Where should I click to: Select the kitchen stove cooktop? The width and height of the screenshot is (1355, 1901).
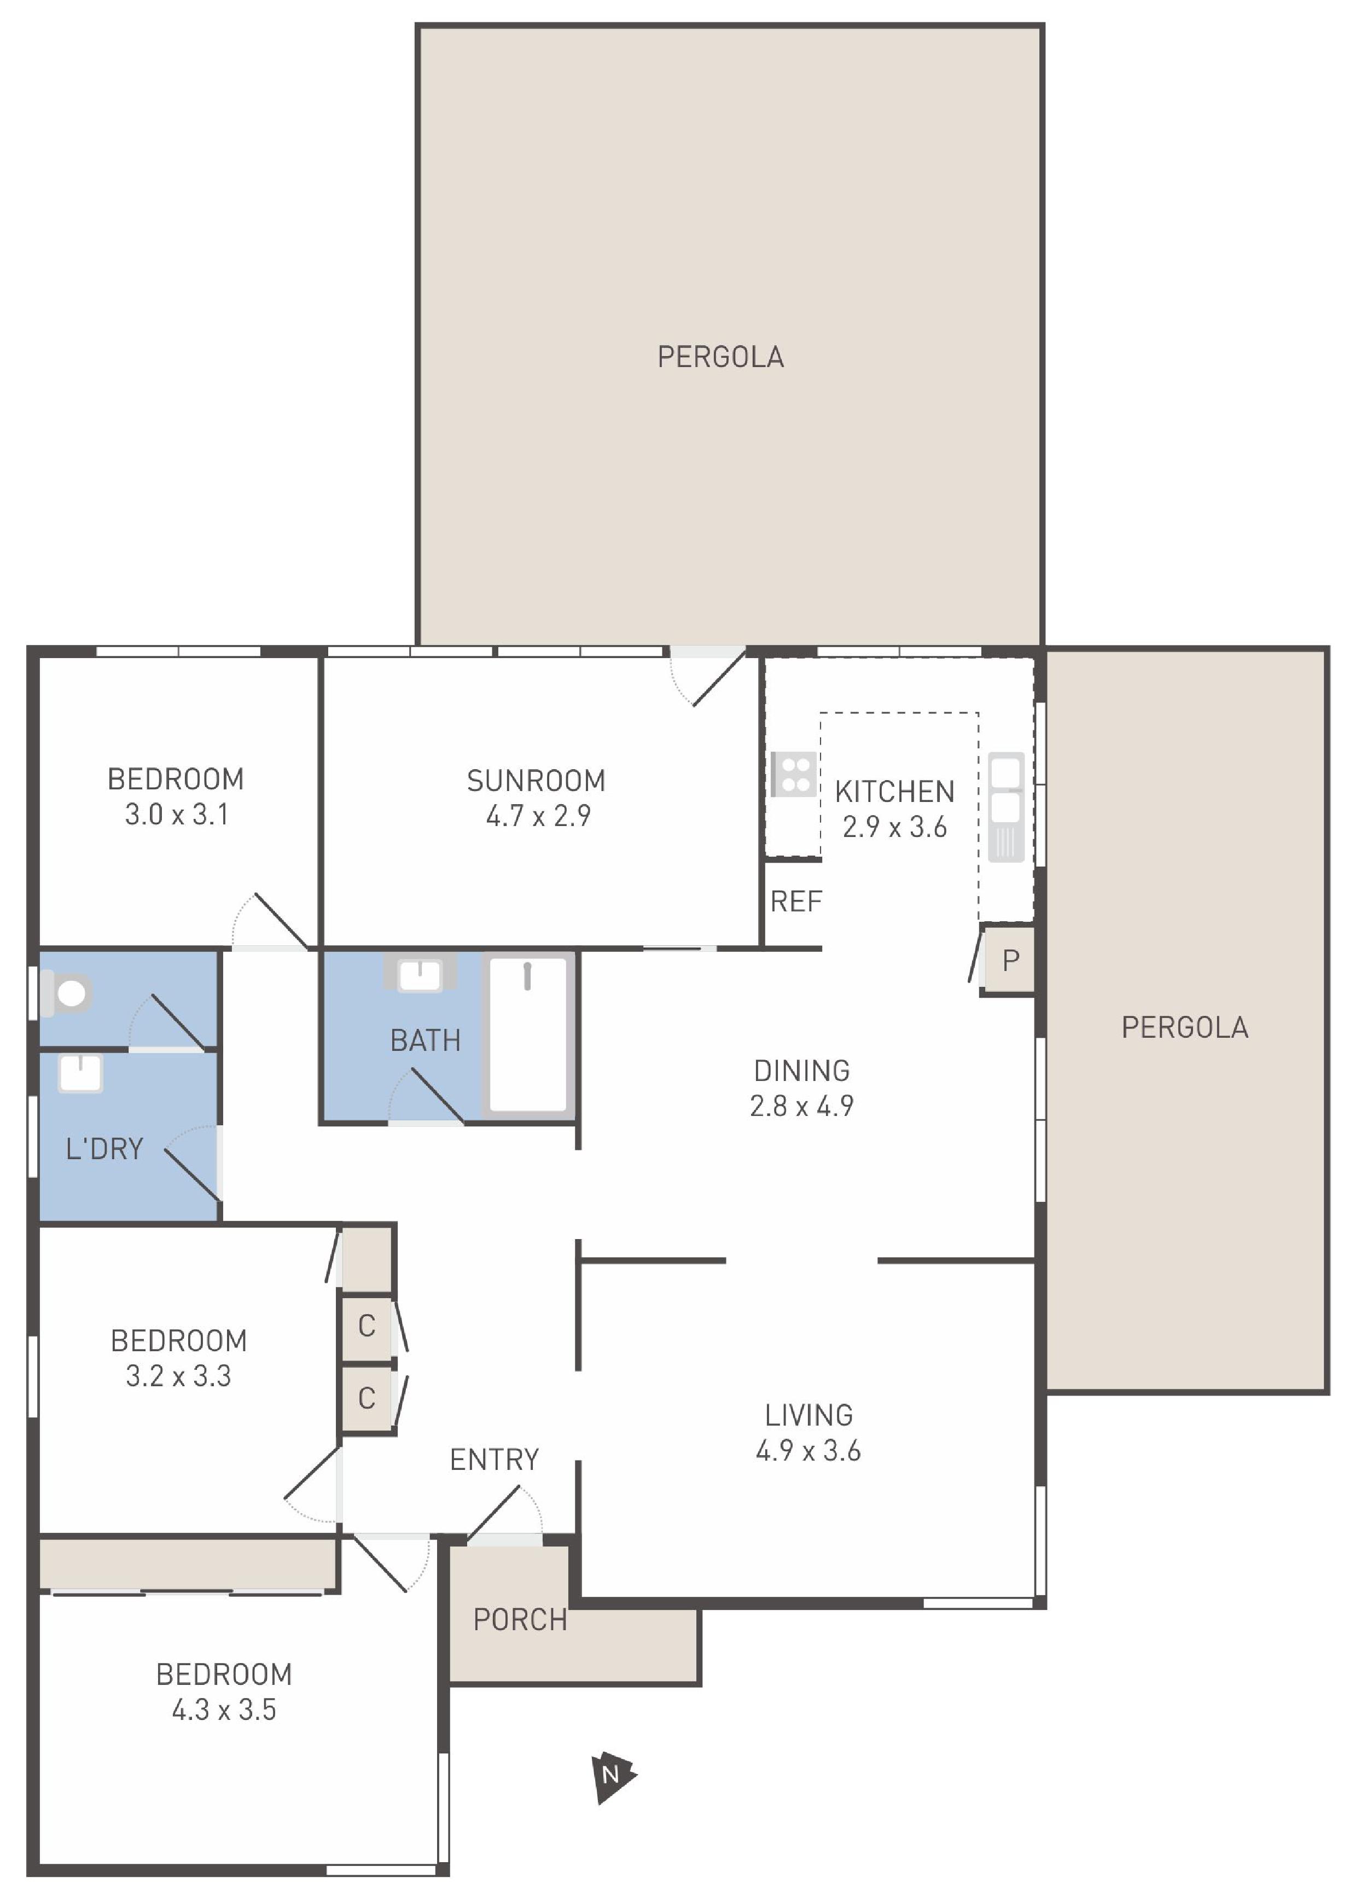click(794, 774)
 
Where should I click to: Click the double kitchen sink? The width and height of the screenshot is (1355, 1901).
click(1005, 806)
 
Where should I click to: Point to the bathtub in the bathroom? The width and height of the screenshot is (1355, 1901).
click(528, 1034)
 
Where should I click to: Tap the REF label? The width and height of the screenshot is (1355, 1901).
click(796, 901)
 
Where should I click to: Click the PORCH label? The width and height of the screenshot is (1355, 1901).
click(520, 1619)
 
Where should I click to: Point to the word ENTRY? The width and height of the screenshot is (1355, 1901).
click(494, 1459)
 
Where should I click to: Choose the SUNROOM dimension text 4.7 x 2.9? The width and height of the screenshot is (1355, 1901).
click(538, 815)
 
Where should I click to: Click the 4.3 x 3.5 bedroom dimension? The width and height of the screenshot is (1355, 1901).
click(224, 1709)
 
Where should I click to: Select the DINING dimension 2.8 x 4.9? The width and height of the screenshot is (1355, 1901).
click(801, 1105)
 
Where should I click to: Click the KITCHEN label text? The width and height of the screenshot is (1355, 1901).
click(894, 791)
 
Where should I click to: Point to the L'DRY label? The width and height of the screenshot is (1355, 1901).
click(104, 1149)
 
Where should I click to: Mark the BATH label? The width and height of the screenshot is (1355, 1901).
click(426, 1040)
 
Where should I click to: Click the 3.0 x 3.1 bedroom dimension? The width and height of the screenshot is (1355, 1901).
click(176, 813)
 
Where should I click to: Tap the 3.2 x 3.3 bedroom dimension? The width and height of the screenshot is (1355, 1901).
click(178, 1375)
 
